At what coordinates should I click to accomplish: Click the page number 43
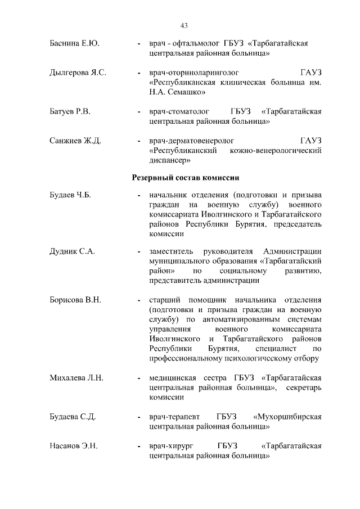[x=184, y=25]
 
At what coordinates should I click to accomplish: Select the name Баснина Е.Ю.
[x=74, y=43]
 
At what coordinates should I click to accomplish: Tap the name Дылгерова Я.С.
[x=78, y=73]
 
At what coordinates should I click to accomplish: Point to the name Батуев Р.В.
[x=70, y=111]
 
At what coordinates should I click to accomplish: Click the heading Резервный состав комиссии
[x=186, y=178]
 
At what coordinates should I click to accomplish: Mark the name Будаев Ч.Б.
[x=70, y=195]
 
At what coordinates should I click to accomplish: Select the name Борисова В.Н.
[x=75, y=300]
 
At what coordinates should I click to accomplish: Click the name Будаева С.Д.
[x=73, y=417]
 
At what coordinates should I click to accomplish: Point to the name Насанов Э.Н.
[x=74, y=446]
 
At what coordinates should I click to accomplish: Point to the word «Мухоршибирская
[x=287, y=417]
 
